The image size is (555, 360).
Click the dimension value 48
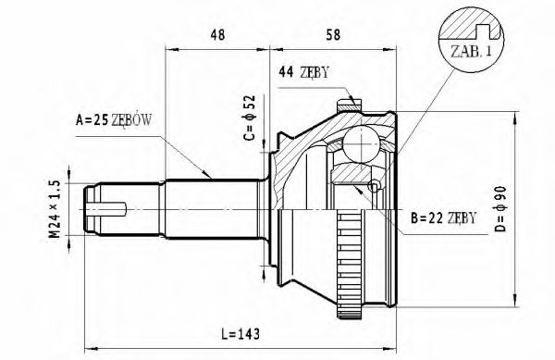click(x=217, y=34)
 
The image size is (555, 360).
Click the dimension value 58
click(x=333, y=34)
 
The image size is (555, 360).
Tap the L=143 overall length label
click(x=240, y=334)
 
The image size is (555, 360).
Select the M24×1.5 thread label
click(x=55, y=209)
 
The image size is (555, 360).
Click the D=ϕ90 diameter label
click(x=500, y=209)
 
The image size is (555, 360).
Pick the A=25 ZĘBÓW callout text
click(x=114, y=120)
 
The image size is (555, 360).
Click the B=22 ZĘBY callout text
click(x=443, y=217)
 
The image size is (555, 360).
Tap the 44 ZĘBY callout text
click(x=303, y=72)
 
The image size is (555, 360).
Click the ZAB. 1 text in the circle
click(x=471, y=52)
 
